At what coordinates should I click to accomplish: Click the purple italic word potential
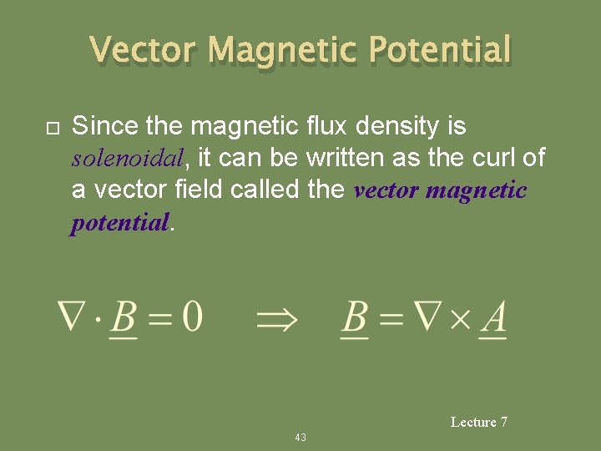click(119, 223)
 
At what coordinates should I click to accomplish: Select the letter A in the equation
click(494, 319)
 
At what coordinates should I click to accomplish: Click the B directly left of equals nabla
click(356, 319)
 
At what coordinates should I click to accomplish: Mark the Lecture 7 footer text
click(478, 423)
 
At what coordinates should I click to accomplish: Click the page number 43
click(300, 438)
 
